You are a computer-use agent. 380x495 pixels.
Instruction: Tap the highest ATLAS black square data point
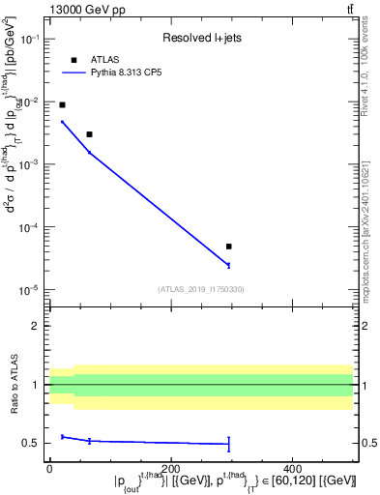click(x=62, y=104)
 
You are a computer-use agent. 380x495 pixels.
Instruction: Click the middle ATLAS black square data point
click(x=89, y=134)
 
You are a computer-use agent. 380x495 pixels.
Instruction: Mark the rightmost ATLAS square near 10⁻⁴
click(x=229, y=247)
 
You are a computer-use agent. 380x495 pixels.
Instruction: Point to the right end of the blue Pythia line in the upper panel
click(x=229, y=265)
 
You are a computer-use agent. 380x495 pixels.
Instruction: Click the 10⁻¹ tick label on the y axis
click(x=29, y=39)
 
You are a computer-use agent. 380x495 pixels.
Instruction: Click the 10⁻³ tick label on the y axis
click(x=29, y=165)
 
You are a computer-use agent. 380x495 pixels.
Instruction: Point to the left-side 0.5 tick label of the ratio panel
click(x=34, y=444)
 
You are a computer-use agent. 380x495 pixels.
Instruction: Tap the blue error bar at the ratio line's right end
click(x=229, y=444)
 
